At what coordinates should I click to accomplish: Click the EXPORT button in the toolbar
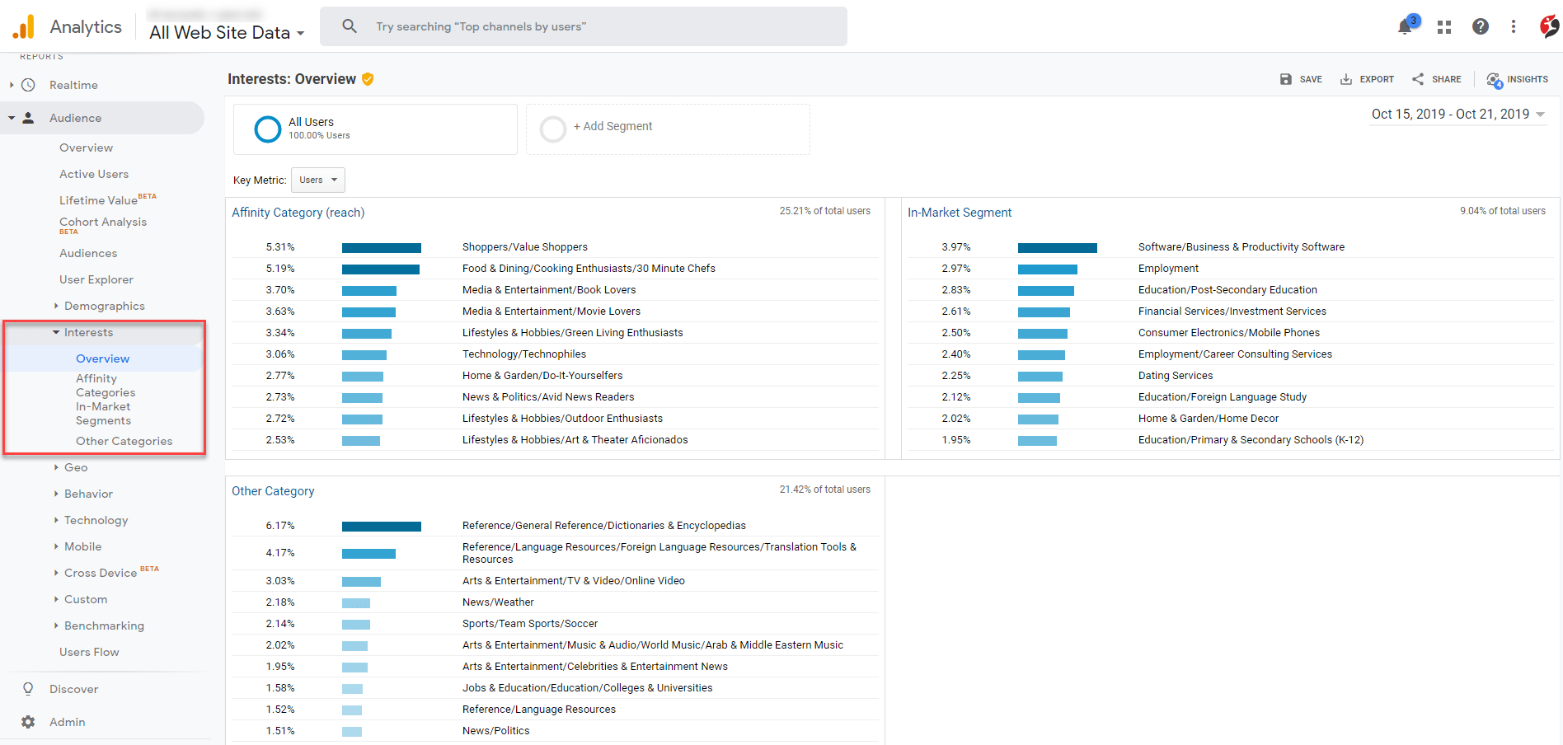(1367, 79)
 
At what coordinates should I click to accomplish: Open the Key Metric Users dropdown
(318, 180)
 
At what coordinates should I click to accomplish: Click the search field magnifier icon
(350, 26)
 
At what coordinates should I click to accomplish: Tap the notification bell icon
(1405, 27)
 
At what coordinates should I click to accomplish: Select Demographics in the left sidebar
(104, 306)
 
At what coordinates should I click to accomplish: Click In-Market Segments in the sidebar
(103, 414)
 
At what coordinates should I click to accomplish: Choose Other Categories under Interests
(124, 441)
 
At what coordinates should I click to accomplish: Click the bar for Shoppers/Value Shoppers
(381, 247)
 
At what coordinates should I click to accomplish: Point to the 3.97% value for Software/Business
(956, 247)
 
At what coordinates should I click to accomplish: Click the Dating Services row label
(1175, 376)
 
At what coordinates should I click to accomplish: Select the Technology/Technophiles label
(523, 354)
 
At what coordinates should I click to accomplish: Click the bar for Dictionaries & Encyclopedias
(381, 526)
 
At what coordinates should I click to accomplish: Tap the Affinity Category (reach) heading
(298, 213)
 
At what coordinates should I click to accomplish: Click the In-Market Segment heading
(959, 213)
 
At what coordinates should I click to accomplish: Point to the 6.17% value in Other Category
(280, 526)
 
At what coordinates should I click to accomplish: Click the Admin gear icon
(28, 722)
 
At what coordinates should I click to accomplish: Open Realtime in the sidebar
(73, 85)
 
